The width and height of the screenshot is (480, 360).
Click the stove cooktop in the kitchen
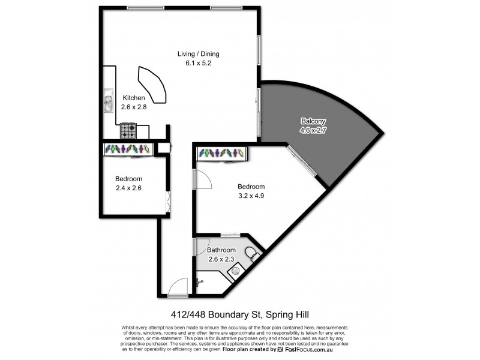click(x=128, y=130)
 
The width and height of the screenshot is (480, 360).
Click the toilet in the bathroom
click(x=253, y=255)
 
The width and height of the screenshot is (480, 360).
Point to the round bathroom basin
click(x=236, y=271)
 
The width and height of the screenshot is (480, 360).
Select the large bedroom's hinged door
click(x=202, y=179)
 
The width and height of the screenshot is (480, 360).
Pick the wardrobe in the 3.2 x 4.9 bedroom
click(x=221, y=154)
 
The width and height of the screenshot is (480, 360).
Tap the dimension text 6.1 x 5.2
click(x=194, y=63)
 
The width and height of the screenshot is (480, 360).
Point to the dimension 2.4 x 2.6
click(x=129, y=188)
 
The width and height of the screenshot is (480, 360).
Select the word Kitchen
click(x=133, y=98)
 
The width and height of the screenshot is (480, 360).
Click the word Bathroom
click(x=221, y=250)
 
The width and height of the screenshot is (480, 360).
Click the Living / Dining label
click(x=194, y=54)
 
